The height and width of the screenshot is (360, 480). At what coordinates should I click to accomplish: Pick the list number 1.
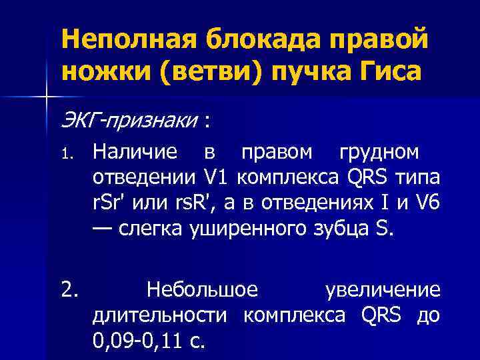[67, 154]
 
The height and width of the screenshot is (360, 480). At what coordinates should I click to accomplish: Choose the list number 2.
[70, 290]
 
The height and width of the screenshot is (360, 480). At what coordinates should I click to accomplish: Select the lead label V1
[219, 179]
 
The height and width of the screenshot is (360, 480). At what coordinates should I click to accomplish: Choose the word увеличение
[382, 290]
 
